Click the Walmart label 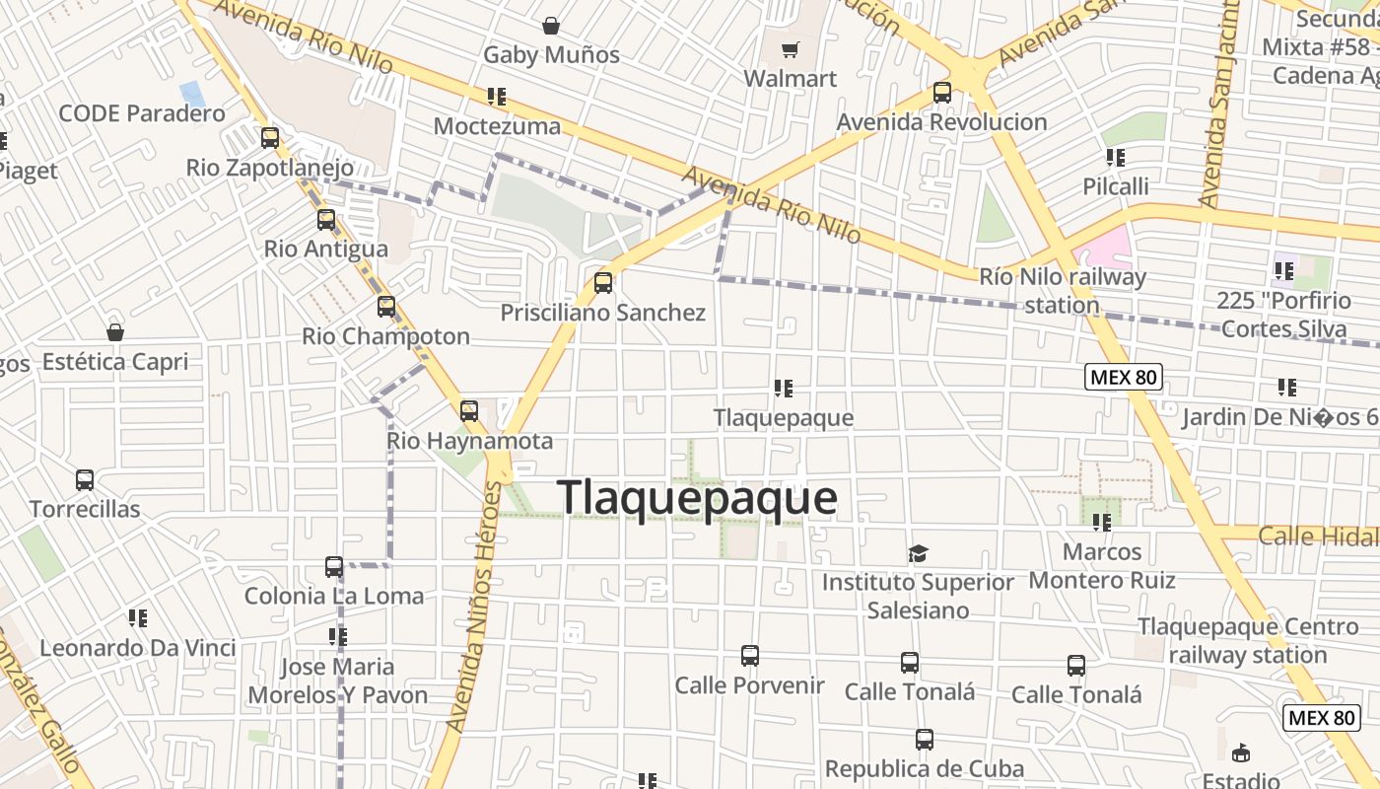(x=790, y=78)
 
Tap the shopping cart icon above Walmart (x=789, y=50)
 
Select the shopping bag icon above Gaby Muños (x=551, y=26)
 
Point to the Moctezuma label (x=497, y=126)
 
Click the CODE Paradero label (x=142, y=113)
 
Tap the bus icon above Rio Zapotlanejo (x=269, y=138)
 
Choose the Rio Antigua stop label (x=325, y=249)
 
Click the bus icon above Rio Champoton (x=385, y=306)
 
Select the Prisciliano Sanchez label (x=603, y=313)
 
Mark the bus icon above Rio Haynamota (x=469, y=410)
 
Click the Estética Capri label (x=114, y=362)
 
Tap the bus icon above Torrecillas (x=85, y=480)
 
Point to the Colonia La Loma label (x=333, y=596)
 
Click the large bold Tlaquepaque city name (x=697, y=498)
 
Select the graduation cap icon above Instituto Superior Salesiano (x=918, y=553)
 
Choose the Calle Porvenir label (x=749, y=684)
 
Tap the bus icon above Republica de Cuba (x=924, y=739)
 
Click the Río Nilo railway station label (x=1063, y=291)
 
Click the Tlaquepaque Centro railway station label (x=1248, y=640)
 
